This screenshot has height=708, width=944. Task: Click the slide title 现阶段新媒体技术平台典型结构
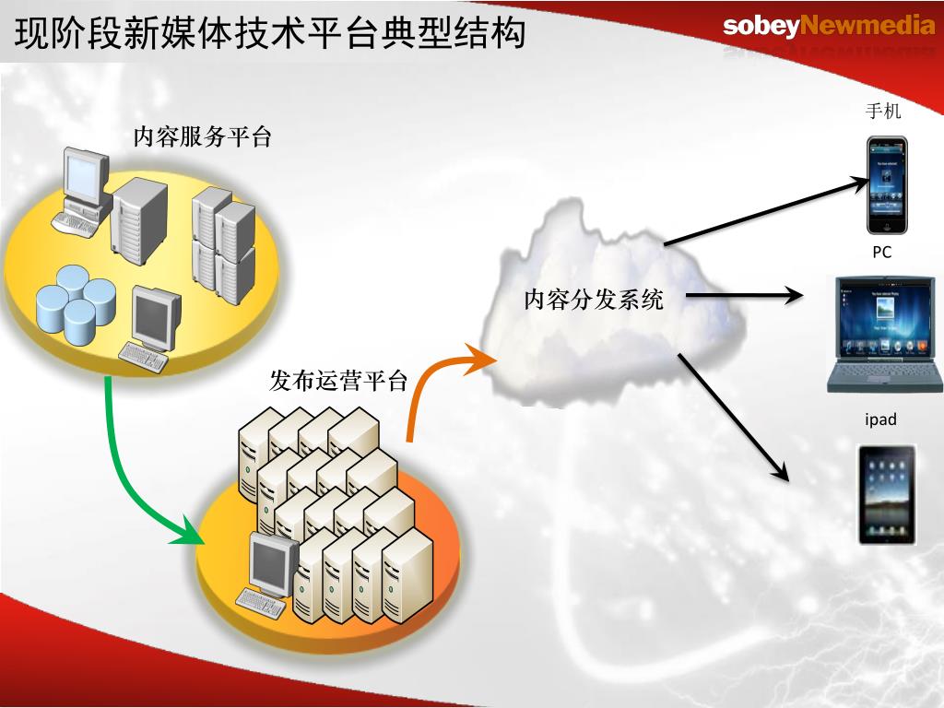[270, 33]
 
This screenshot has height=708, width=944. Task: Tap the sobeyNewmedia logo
[829, 26]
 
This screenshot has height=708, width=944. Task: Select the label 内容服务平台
[203, 138]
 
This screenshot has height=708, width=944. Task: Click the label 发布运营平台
[338, 380]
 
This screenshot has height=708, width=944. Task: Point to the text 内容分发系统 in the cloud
[594, 299]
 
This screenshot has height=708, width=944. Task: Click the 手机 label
[883, 112]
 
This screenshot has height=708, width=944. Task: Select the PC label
[882, 252]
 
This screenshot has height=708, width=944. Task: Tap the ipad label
[880, 419]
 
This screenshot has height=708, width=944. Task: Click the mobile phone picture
[886, 185]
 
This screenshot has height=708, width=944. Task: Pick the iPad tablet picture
[887, 494]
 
